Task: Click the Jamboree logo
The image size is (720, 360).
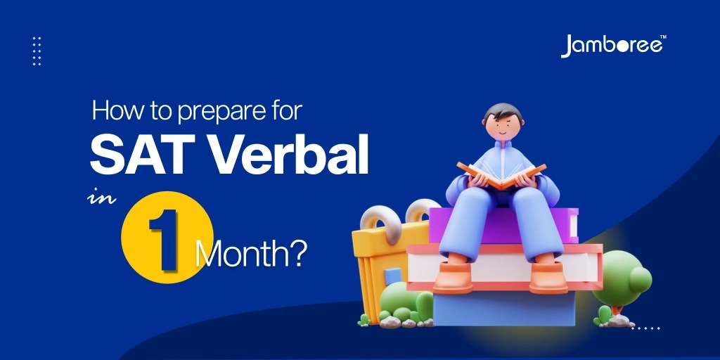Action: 612,46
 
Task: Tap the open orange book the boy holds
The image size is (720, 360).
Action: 501,173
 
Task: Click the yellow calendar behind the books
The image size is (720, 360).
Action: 380,253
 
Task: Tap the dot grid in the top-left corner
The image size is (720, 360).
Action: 37,51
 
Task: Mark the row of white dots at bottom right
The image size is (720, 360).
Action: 645,328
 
